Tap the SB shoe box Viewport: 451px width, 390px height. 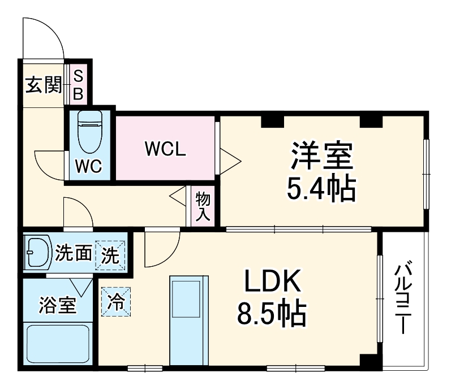78,85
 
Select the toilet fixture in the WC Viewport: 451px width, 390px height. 89,133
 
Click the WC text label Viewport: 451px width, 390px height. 90,167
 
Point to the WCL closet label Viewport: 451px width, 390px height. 165,149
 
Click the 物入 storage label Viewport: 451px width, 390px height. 203,206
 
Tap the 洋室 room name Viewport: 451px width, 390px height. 322,156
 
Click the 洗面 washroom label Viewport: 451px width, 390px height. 73,254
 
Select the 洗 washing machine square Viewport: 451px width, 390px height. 110,255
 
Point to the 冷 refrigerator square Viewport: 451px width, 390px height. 115,301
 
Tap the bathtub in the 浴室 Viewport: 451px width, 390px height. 58,344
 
